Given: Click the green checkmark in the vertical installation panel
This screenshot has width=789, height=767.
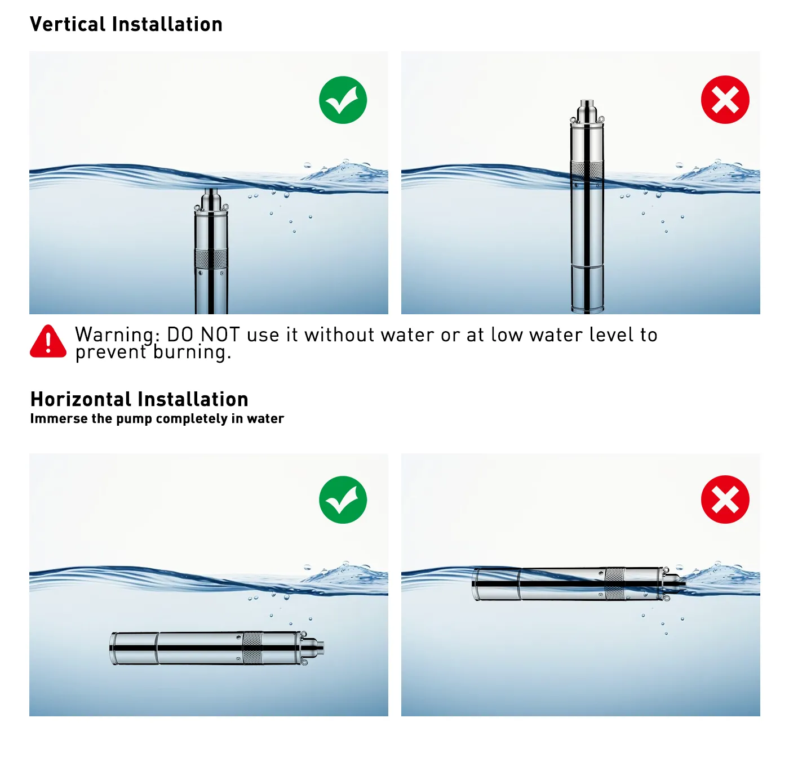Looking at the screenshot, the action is [343, 100].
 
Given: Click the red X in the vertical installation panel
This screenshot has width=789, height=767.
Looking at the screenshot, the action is [725, 100].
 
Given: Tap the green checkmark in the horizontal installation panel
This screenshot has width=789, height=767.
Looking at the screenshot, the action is [343, 500].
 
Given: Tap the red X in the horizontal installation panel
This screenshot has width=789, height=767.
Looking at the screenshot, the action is [725, 500].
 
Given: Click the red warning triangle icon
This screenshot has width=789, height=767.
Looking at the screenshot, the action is [48, 341].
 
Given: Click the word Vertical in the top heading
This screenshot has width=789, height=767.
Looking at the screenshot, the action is [68, 24].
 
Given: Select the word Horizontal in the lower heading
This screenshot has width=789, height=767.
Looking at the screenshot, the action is [81, 399].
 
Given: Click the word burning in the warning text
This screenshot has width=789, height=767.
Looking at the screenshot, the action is [192, 352].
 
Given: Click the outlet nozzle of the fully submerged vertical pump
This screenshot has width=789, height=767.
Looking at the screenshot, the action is [211, 197].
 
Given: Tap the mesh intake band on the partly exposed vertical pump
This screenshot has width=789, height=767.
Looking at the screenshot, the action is [587, 170].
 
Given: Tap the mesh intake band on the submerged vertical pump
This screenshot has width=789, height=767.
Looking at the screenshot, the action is [211, 259].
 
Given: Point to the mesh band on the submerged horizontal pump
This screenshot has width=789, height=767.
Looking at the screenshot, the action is [252, 648].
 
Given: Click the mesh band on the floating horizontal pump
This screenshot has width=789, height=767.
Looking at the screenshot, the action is [614, 584].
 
